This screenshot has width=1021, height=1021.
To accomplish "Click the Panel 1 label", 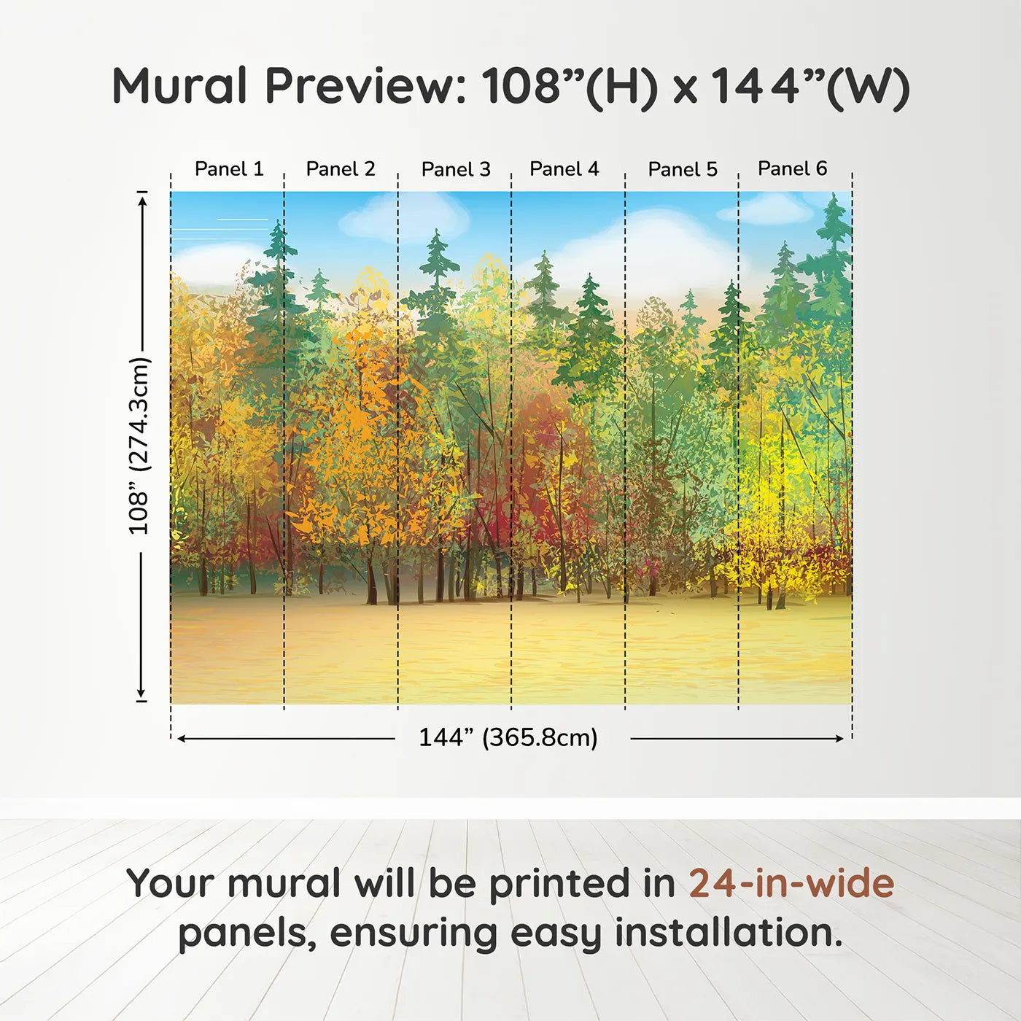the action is click(229, 169).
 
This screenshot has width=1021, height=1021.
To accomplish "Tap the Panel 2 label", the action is click(341, 169).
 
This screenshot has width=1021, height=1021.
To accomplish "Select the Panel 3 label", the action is click(456, 169).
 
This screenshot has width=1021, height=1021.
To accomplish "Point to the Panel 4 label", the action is click(564, 169).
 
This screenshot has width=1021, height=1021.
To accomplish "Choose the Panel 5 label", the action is click(683, 169).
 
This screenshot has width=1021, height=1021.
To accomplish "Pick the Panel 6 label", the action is click(792, 168).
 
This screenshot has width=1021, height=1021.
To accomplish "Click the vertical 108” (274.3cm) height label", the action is click(139, 446).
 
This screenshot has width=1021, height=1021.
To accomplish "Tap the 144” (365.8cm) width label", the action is click(508, 737).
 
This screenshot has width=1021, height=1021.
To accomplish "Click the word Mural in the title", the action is click(179, 85).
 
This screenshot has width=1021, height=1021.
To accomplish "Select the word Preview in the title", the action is click(366, 86).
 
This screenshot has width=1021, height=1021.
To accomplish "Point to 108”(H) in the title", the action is click(570, 88).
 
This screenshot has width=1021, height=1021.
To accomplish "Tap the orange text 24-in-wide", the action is click(791, 883).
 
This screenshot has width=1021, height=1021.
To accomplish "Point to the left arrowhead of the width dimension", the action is click(181, 739).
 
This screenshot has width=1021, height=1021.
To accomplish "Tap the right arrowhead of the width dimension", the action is click(839, 739).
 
